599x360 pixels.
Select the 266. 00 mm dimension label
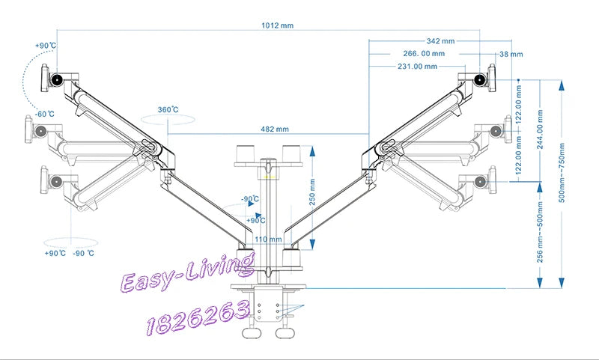coord(424,53)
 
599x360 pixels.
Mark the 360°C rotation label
coord(168,109)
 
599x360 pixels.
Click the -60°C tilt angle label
coord(45,114)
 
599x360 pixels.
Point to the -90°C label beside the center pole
coord(250,198)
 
